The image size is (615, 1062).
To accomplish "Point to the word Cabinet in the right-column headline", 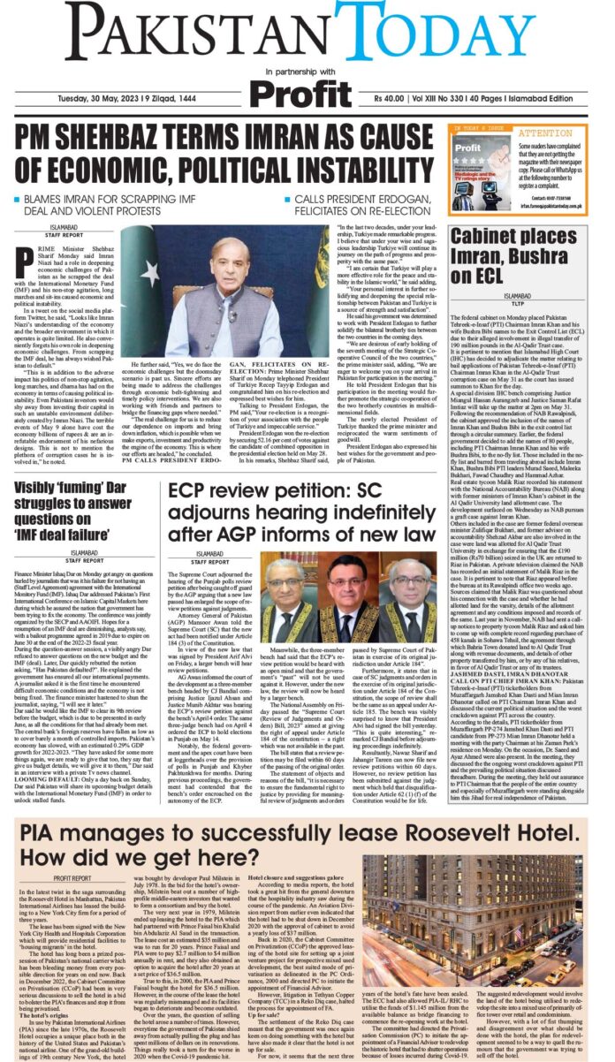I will (x=489, y=239).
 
